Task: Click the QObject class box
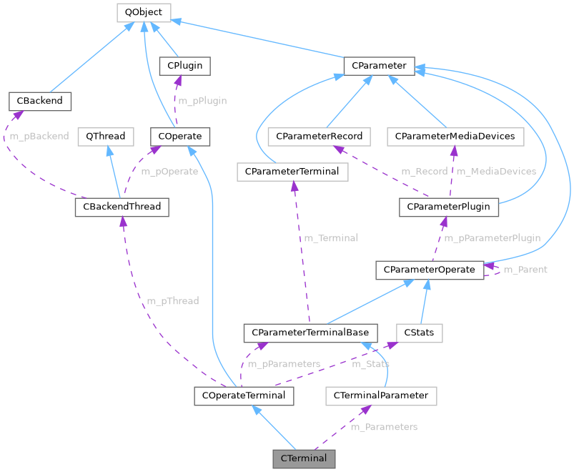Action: pyautogui.click(x=143, y=12)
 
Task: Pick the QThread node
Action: pyautogui.click(x=106, y=136)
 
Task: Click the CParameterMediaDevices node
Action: pyautogui.click(x=455, y=136)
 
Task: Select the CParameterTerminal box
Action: pyautogui.click(x=292, y=172)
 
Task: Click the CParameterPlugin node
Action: pyautogui.click(x=448, y=207)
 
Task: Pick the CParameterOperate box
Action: pyautogui.click(x=429, y=270)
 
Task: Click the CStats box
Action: pyautogui.click(x=420, y=333)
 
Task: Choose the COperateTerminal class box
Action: pyautogui.click(x=244, y=395)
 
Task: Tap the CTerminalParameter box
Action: pyautogui.click(x=380, y=395)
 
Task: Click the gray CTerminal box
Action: pyautogui.click(x=304, y=458)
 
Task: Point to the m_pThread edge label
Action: pyautogui.click(x=173, y=301)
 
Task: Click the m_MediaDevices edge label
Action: pyautogui.click(x=496, y=172)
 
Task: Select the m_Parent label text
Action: pyautogui.click(x=525, y=270)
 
